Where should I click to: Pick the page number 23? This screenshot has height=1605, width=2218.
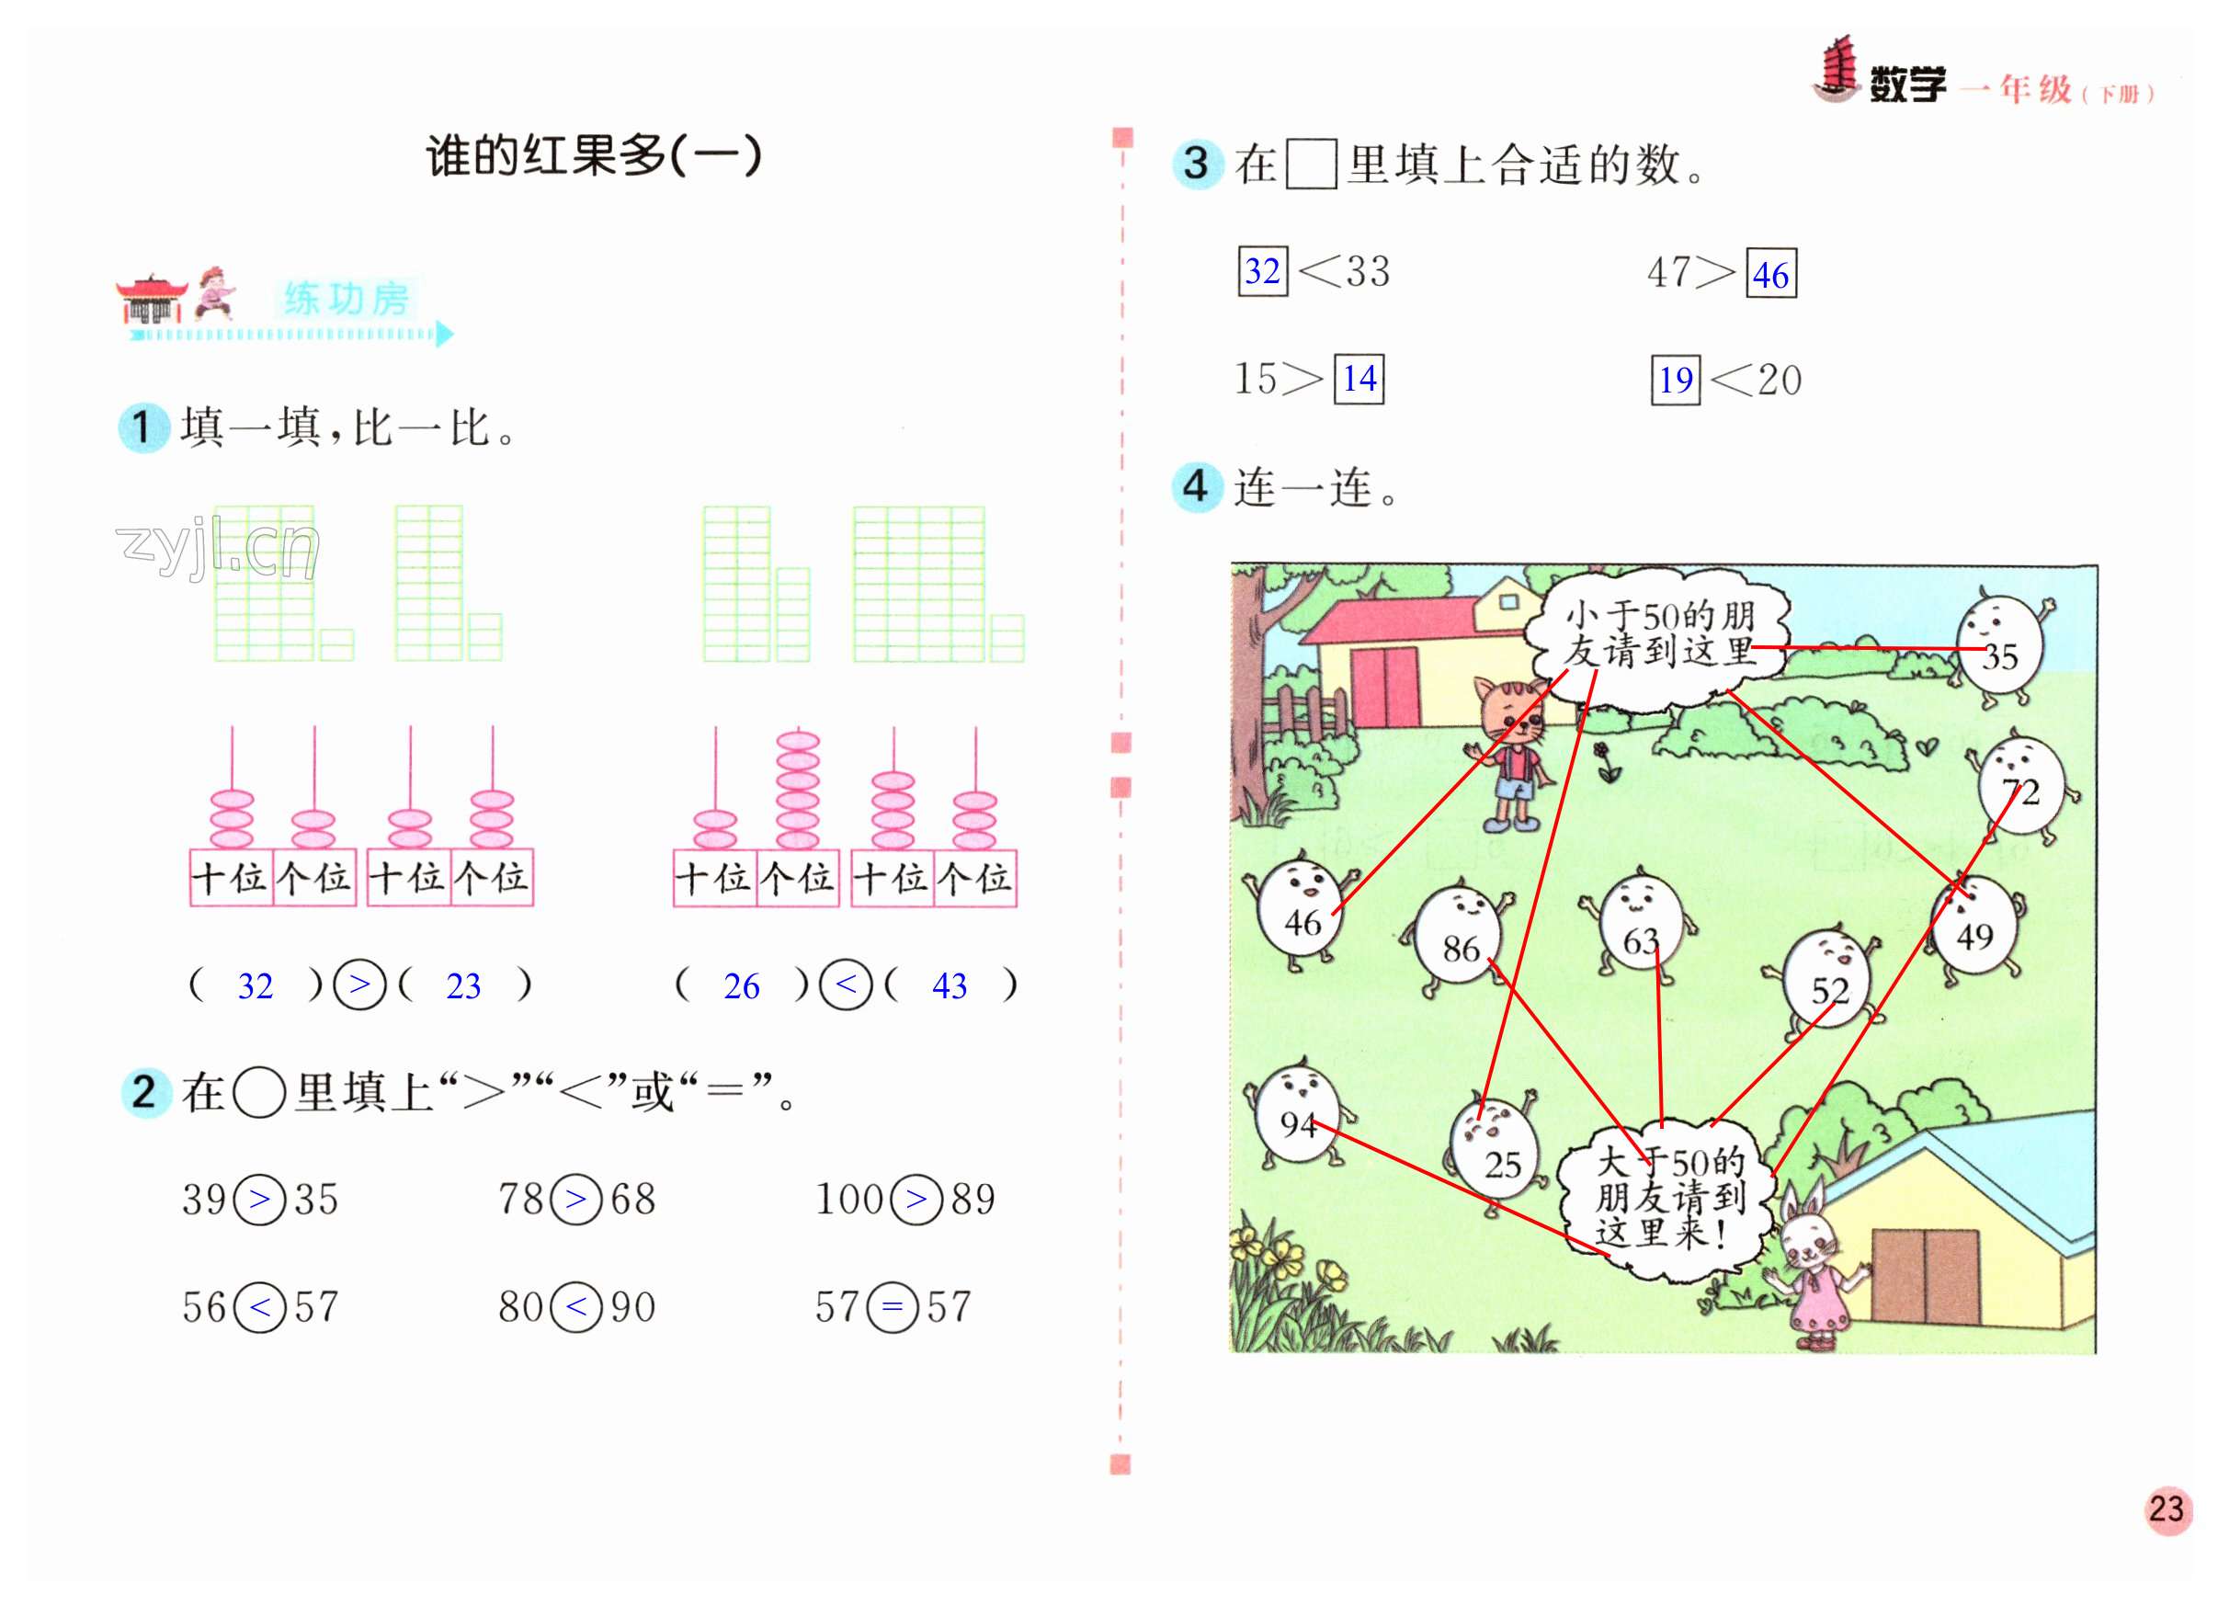pyautogui.click(x=2166, y=1509)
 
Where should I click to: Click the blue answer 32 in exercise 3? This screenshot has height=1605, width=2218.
pyautogui.click(x=1263, y=271)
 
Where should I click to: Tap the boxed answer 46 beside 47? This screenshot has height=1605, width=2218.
pyautogui.click(x=1771, y=275)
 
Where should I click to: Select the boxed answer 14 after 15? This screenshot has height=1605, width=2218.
pyautogui.click(x=1359, y=379)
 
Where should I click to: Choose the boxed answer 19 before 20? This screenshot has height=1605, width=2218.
pyautogui.click(x=1676, y=380)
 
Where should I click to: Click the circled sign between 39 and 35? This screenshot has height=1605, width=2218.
pyautogui.click(x=260, y=1198)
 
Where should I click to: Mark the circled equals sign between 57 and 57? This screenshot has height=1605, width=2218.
pyautogui.click(x=892, y=1306)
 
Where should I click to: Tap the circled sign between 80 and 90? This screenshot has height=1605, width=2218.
pyautogui.click(x=576, y=1306)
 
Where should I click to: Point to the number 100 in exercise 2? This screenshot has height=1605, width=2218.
pyautogui.click(x=848, y=1199)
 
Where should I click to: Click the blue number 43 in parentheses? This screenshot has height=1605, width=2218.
pyautogui.click(x=949, y=985)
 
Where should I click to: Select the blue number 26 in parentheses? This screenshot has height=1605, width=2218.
pyautogui.click(x=741, y=985)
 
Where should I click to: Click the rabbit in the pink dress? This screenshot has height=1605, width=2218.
pyautogui.click(x=1814, y=1271)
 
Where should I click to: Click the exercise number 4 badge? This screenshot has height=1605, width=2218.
pyautogui.click(x=1196, y=486)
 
